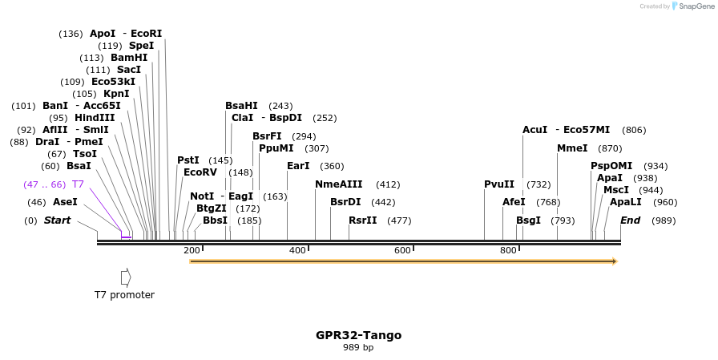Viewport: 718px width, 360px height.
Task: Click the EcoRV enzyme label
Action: (200, 172)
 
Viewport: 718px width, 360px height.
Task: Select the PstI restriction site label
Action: (188, 160)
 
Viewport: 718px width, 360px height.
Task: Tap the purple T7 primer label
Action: (78, 184)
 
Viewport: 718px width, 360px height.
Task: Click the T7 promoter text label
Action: (124, 295)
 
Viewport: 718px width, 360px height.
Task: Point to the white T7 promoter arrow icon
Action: (126, 277)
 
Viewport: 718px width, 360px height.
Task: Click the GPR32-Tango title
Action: (358, 335)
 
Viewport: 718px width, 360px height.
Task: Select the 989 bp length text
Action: (358, 348)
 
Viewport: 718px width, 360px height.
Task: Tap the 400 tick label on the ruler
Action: (297, 251)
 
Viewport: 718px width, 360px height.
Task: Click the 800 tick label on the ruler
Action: (508, 251)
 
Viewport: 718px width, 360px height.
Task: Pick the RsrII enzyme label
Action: (363, 220)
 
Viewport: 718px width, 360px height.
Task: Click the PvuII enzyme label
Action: (499, 184)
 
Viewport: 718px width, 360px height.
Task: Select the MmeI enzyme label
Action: (572, 148)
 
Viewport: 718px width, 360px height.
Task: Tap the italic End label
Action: (631, 220)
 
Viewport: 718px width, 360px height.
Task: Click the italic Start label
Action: (57, 220)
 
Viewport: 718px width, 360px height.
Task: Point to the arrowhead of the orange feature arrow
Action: (615, 261)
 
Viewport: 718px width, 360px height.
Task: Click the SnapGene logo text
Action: (693, 6)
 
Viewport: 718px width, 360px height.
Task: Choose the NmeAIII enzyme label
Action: (339, 184)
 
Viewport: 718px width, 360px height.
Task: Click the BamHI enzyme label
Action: (129, 58)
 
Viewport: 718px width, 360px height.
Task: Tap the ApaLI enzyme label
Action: (626, 202)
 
